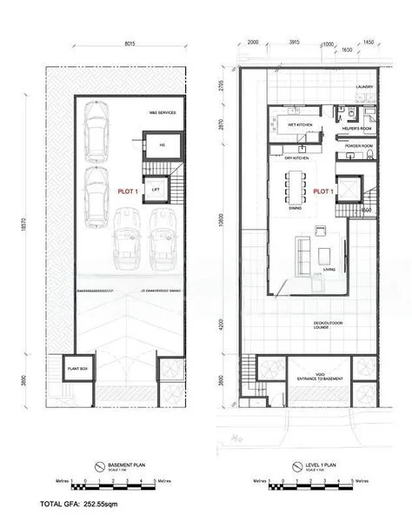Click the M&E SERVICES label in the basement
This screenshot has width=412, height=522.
click(x=163, y=112)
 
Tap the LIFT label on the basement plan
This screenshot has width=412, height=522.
click(x=156, y=188)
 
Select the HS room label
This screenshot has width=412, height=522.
click(x=161, y=145)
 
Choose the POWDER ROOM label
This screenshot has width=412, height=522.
click(x=358, y=145)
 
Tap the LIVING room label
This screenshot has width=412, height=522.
click(x=329, y=269)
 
